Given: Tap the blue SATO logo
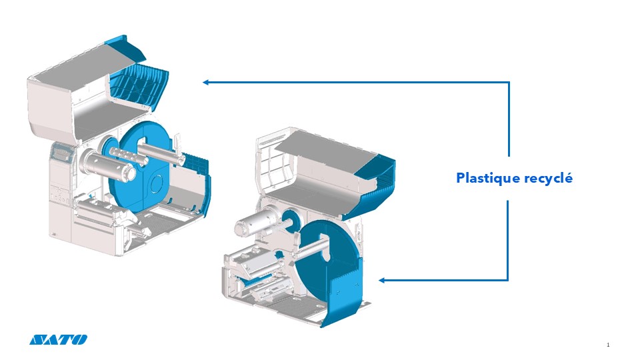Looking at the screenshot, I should (58, 340).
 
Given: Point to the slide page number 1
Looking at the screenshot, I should (609, 345).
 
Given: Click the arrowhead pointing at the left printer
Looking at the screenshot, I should (207, 83).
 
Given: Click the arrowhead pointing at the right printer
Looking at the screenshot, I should (383, 280).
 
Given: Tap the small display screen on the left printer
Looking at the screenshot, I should (64, 154).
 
